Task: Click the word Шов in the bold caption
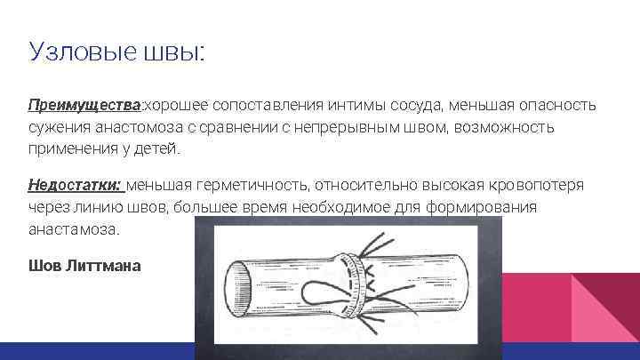(43, 265)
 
